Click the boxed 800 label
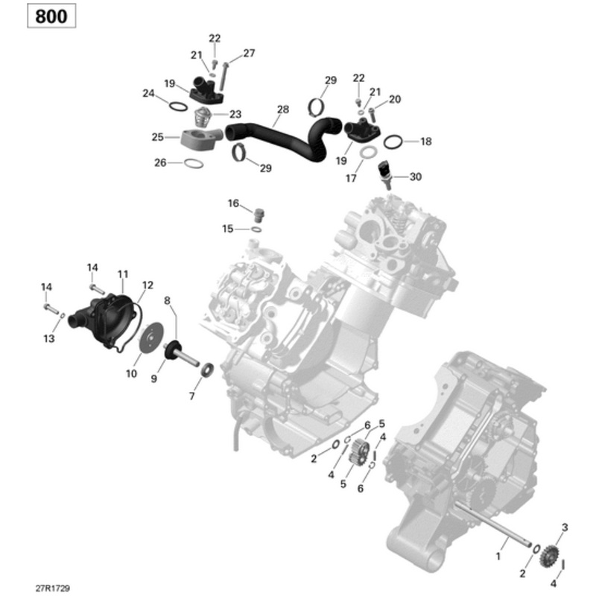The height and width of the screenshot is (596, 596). [52, 16]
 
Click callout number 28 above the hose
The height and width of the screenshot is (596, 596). [282, 110]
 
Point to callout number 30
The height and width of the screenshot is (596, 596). [416, 177]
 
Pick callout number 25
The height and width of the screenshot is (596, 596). [157, 136]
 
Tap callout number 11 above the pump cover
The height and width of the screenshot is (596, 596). [122, 273]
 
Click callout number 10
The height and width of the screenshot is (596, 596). [131, 373]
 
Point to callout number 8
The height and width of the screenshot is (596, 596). [167, 300]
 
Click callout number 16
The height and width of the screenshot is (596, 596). [233, 203]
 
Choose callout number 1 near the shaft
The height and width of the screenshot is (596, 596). [498, 556]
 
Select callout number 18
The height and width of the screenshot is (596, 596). [425, 142]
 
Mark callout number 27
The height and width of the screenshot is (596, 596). [249, 53]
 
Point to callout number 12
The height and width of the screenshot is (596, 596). [148, 285]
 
